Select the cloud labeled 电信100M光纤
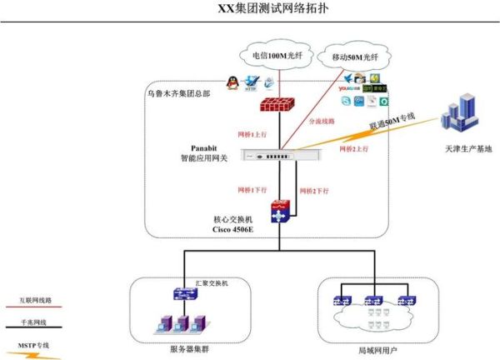277,56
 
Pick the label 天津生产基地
463,149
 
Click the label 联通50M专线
392,123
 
